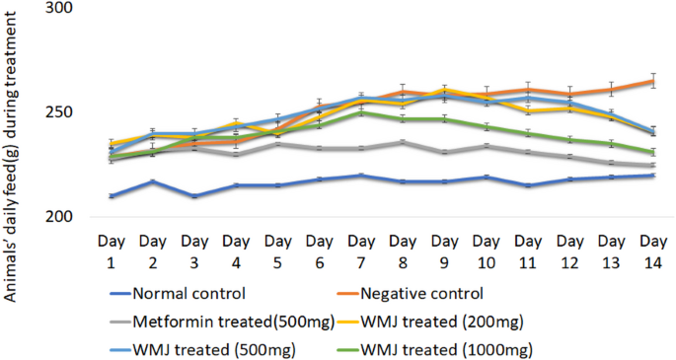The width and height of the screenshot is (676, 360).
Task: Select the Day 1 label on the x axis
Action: [x=109, y=249]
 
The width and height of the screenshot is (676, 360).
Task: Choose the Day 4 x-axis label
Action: [x=235, y=249]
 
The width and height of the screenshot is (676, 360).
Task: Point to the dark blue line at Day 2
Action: [x=152, y=181]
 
